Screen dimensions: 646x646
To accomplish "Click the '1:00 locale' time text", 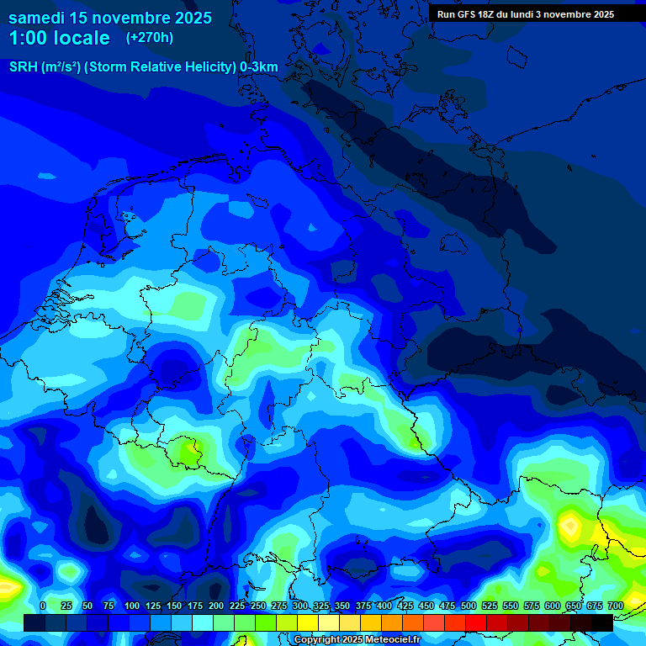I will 59,38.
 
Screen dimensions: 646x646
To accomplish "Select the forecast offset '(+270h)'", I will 150,38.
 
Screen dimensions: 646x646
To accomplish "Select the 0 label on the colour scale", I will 43,606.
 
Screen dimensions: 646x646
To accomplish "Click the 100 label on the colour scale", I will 132,606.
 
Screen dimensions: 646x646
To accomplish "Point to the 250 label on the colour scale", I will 258,606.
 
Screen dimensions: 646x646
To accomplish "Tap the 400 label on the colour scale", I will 384,606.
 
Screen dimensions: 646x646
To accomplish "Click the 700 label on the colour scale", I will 615,606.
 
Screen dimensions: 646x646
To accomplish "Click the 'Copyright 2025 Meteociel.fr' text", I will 357,640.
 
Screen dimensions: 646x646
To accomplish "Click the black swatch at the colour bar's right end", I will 602,622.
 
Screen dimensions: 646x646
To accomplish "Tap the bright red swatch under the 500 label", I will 476,622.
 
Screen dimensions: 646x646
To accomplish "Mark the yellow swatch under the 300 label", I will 308,622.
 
